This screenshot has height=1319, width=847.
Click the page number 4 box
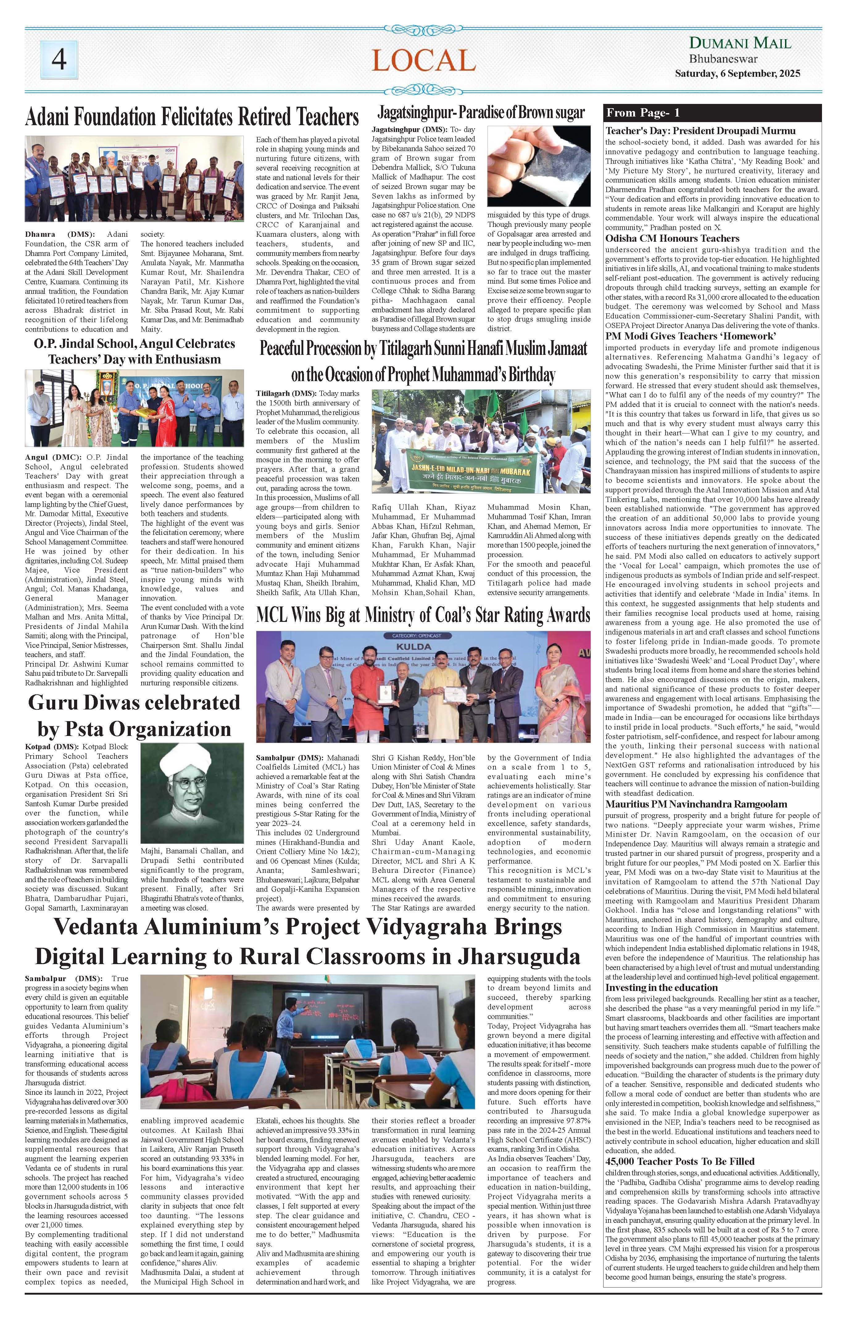click(x=59, y=60)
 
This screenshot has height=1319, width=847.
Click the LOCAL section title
click(x=423, y=60)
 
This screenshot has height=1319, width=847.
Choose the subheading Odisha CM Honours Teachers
click(x=672, y=239)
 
